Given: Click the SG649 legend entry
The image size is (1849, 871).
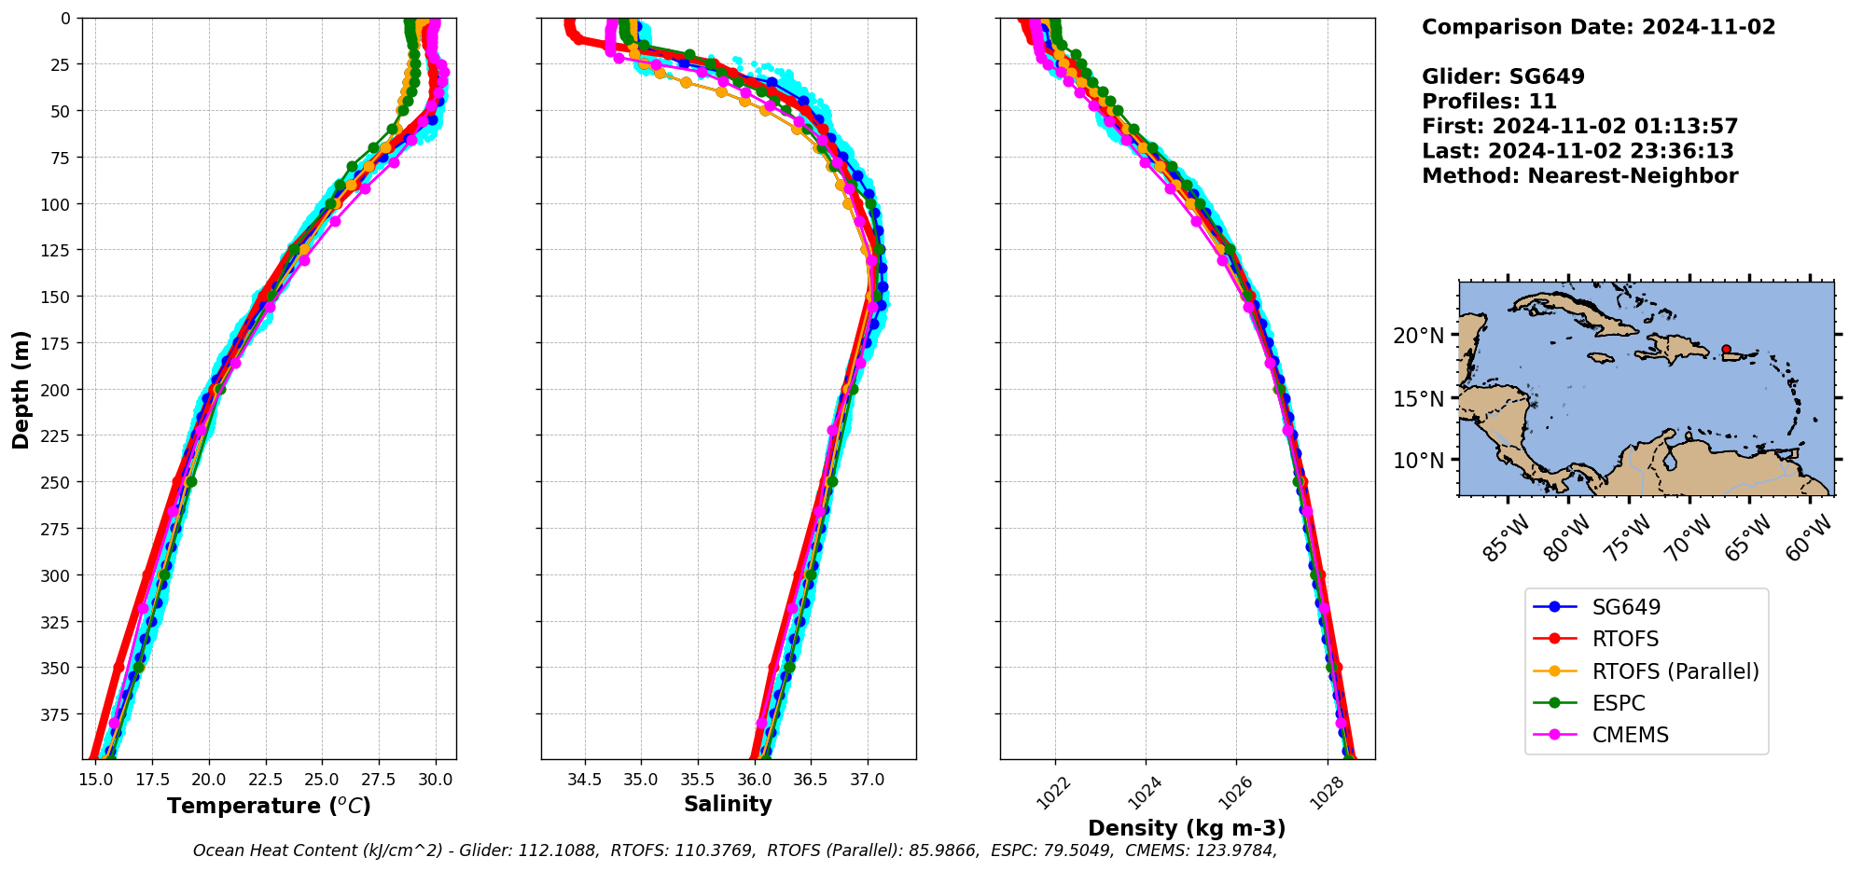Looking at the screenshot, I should (1626, 607).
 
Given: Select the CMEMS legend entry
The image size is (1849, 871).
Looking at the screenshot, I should (1630, 735).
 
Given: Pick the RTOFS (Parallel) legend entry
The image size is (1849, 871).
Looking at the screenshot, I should (1675, 671).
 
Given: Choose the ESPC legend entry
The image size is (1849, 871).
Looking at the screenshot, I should (1619, 703).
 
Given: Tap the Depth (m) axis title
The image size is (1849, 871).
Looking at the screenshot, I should (21, 389).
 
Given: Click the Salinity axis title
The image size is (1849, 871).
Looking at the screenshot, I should (728, 804).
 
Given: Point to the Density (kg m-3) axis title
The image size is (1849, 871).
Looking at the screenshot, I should (1187, 828).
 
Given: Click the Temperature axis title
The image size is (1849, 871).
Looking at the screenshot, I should (269, 806).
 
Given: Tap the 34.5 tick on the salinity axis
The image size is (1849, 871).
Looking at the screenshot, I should (585, 779).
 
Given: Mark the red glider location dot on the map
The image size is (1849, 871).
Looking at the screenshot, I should (1726, 349).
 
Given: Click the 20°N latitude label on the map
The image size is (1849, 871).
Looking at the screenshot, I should (1418, 336).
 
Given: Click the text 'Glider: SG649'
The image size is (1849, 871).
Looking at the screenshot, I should (1502, 76).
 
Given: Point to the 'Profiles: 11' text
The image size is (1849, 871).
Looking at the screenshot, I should (1489, 102).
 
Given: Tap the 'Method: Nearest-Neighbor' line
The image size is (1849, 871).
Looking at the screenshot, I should (1579, 176).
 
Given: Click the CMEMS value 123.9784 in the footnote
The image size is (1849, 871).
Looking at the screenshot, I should (1234, 850).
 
